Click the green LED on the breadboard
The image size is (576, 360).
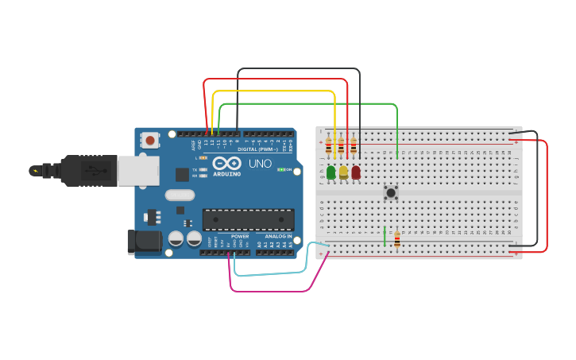pos(331,172)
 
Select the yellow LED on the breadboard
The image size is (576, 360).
pos(343,172)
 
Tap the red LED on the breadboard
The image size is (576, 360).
pos(355,172)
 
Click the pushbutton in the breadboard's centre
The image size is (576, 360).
pos(391,192)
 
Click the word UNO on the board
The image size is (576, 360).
pos(260,163)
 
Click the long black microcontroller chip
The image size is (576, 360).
pos(248,219)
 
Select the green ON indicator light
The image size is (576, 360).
pos(280,169)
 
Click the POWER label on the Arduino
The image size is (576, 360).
pos(239,236)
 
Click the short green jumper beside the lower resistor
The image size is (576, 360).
pos(385,237)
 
